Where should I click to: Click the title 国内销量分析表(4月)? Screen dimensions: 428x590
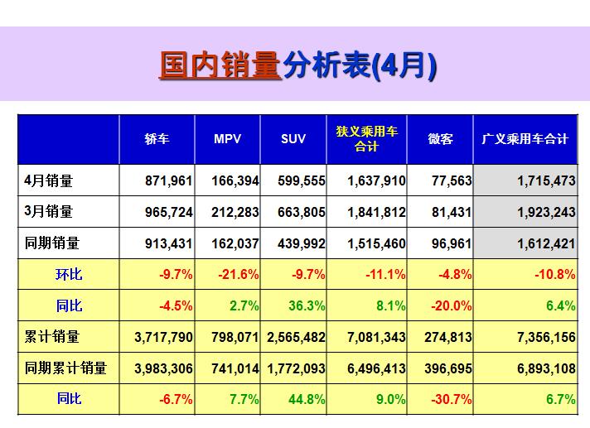pyautogui.click(x=297, y=66)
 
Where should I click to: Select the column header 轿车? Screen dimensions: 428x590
pyautogui.click(x=157, y=139)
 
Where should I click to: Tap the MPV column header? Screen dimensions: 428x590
pyautogui.click(x=227, y=139)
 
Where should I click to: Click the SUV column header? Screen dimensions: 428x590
pyautogui.click(x=293, y=139)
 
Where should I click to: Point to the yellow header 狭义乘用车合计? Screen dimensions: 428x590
pyautogui.click(x=366, y=139)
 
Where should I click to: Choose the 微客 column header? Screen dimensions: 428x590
pyautogui.click(x=440, y=139)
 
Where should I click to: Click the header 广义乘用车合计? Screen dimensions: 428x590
pyautogui.click(x=525, y=139)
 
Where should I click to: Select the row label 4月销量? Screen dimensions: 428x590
pyautogui.click(x=49, y=180)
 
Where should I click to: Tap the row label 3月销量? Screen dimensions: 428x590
pyautogui.click(x=49, y=212)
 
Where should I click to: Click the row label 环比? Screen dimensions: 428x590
pyautogui.click(x=69, y=274)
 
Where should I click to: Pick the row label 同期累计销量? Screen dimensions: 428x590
pyautogui.click(x=65, y=368)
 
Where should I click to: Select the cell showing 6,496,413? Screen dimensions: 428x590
pyautogui.click(x=365, y=368)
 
